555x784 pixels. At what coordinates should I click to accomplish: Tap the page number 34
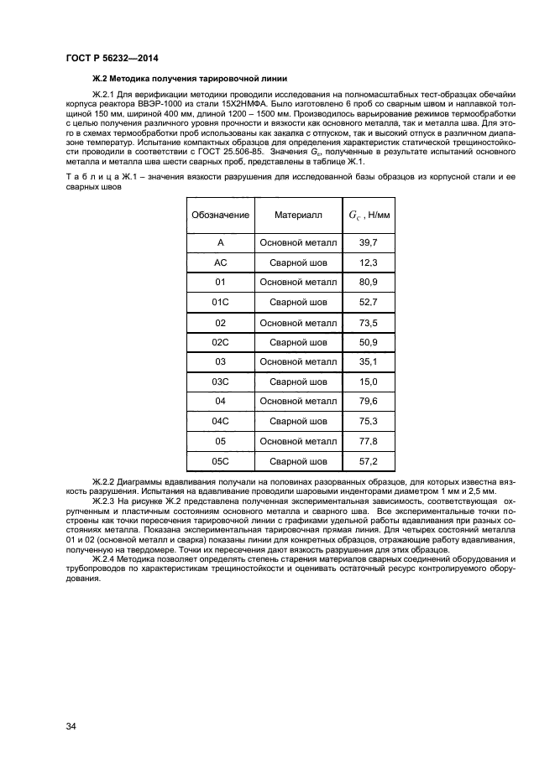71,726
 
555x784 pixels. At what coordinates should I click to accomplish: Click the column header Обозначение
220,215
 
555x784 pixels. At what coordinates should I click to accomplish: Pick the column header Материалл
298,215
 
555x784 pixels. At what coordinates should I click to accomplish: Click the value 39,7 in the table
369,242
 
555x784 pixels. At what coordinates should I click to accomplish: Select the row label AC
220,262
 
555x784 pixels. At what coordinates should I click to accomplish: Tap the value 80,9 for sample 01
369,283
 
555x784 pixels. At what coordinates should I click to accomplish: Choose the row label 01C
220,303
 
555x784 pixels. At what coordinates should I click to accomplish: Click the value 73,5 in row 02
369,323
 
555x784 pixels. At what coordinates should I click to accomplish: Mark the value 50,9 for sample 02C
369,342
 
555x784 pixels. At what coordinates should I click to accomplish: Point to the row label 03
220,362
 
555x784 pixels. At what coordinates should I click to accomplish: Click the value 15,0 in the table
369,382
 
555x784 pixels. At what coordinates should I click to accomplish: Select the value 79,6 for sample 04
369,402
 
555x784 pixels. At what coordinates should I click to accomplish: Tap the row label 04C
220,422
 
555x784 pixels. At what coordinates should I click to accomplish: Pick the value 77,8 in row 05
369,441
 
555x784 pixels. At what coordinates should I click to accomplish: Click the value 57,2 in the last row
369,461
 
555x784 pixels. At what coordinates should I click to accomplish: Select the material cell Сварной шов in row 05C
298,461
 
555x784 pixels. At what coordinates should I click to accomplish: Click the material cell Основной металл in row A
298,242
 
